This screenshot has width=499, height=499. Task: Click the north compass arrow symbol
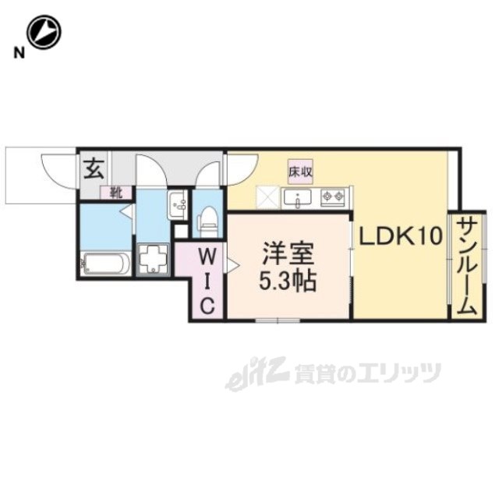[x=44, y=34]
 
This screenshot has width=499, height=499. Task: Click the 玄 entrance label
[x=94, y=167]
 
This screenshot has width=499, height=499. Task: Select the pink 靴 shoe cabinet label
[x=115, y=190]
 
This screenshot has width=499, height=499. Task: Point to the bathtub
[x=105, y=263]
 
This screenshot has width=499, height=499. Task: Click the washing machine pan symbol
[x=153, y=258]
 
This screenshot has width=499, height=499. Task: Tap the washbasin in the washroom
[x=178, y=205]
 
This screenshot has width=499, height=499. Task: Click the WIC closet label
[x=207, y=280]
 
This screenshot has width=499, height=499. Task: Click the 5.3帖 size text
[x=288, y=281]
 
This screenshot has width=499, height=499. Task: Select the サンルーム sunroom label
[x=466, y=265]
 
